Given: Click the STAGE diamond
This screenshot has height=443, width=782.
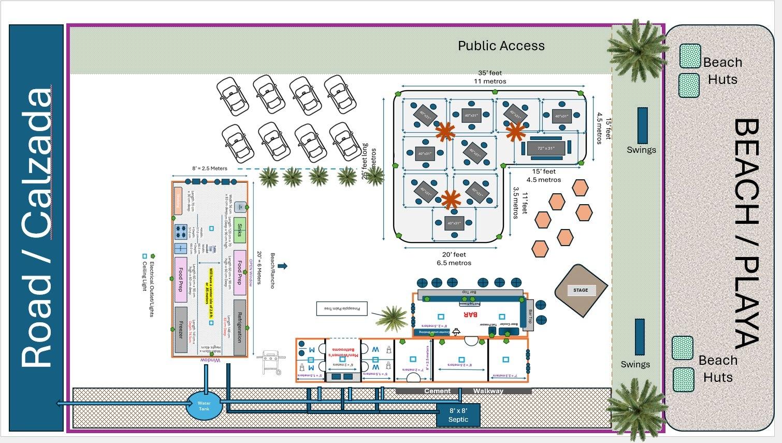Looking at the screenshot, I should pyautogui.click(x=581, y=290).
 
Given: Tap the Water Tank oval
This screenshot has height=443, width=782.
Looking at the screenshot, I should pyautogui.click(x=204, y=406).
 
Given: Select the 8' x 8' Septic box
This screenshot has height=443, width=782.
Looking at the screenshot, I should pyautogui.click(x=458, y=415).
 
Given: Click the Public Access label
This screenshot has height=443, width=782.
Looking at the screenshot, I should pyautogui.click(x=501, y=46).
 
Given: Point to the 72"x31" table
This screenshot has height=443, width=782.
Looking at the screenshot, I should pyautogui.click(x=545, y=148).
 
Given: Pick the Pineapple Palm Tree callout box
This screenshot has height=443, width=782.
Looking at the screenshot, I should pyautogui.click(x=342, y=309).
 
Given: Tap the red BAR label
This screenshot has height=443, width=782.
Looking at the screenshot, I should pyautogui.click(x=470, y=315).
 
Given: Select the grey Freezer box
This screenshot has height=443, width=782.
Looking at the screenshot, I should pyautogui.click(x=181, y=330).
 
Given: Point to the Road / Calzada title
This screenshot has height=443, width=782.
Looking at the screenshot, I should pyautogui.click(x=36, y=228).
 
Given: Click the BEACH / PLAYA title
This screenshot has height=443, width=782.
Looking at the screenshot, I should pyautogui.click(x=746, y=233).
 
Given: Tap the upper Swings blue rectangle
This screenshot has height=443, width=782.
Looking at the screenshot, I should pyautogui.click(x=642, y=125).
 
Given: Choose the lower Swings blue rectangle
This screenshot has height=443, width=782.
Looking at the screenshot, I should pyautogui.click(x=640, y=337).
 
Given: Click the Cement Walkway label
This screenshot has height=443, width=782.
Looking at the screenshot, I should pyautogui.click(x=463, y=391).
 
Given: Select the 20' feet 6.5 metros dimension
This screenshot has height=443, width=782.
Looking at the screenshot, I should pyautogui.click(x=454, y=259).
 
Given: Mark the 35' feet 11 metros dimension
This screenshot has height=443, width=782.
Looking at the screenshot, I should pyautogui.click(x=490, y=77).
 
